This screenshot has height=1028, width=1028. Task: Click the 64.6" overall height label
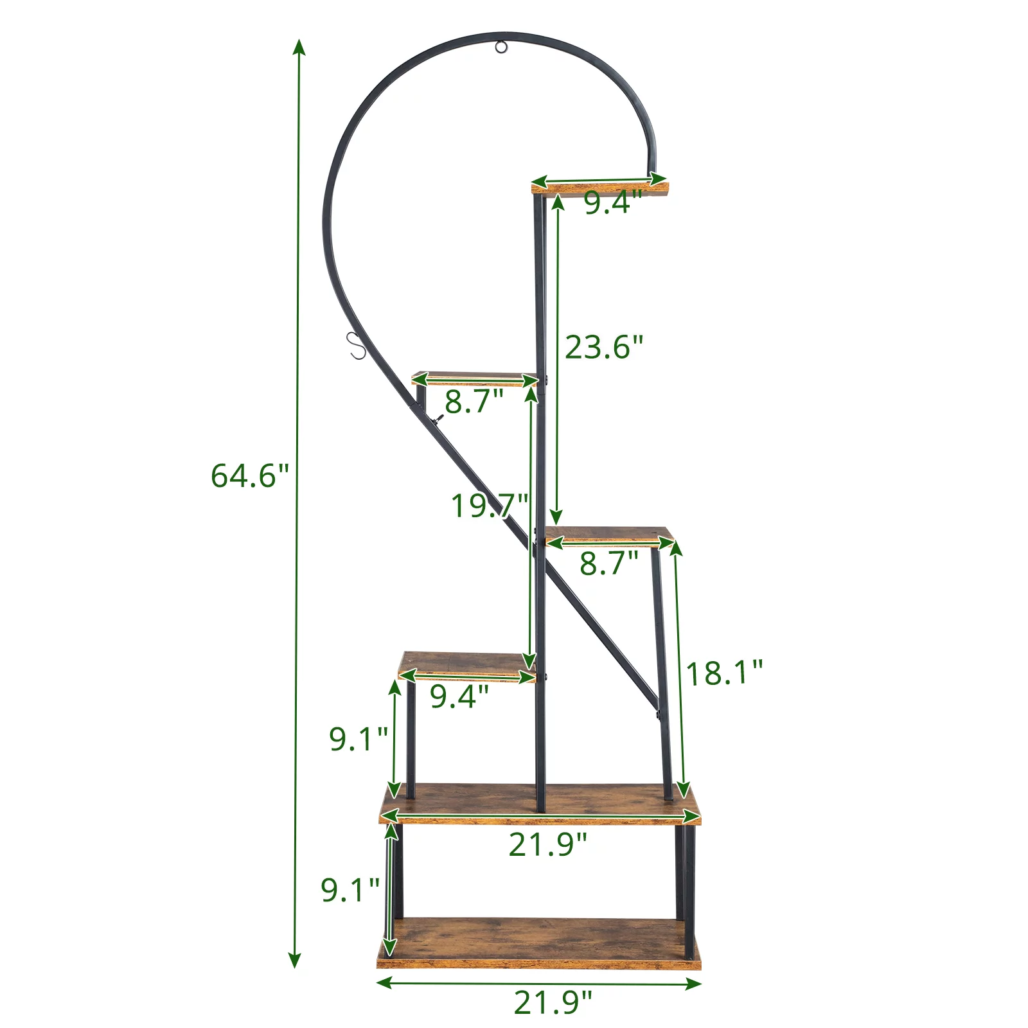[x=249, y=476]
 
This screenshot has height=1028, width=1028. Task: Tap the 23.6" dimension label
[x=603, y=348]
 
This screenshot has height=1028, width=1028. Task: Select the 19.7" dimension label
[x=490, y=506]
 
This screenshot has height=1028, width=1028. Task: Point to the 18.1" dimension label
[x=724, y=673]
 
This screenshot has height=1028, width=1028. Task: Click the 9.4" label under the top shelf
[x=612, y=203]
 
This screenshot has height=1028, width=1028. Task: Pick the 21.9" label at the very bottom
[x=553, y=1002]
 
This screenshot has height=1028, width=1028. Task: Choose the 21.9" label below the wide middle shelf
[x=547, y=844]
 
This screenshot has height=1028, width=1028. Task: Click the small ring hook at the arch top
[x=501, y=47]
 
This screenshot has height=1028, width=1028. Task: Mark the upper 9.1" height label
[x=358, y=739]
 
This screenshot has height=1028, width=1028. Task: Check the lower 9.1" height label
[x=350, y=891]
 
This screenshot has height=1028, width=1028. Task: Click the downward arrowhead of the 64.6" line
[x=295, y=960]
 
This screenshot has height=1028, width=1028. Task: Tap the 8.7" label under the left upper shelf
[x=474, y=402]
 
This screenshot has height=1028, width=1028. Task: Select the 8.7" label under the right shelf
[x=608, y=563]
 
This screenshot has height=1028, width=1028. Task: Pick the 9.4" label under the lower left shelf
[x=459, y=696]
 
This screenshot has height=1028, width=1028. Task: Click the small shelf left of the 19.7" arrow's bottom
[x=466, y=666]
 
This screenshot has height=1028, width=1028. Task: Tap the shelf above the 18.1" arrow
[x=608, y=536]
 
